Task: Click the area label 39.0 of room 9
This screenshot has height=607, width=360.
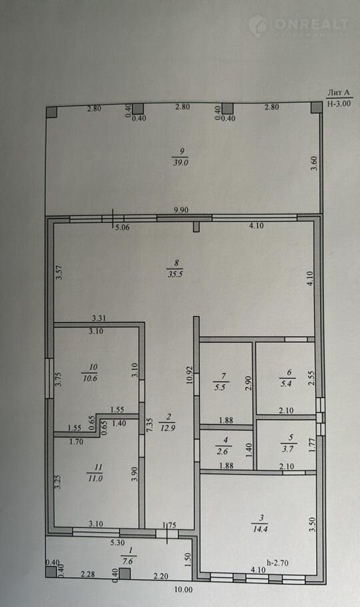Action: (181, 163)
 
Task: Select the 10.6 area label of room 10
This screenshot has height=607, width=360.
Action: (89, 378)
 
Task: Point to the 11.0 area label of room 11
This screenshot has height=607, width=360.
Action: (95, 478)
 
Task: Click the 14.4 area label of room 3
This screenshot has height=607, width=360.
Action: (260, 529)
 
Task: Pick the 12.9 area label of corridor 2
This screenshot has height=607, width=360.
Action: (167, 428)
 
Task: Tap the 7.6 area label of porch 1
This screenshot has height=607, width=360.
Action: (127, 561)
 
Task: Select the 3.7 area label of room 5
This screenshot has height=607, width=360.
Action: (290, 449)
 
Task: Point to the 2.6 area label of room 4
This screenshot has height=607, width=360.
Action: (223, 451)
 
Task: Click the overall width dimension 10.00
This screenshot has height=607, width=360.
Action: (183, 590)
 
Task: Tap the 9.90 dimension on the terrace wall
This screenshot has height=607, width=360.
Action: (181, 210)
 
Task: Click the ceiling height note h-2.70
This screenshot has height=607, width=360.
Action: (277, 563)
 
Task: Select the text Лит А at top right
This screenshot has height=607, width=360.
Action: (338, 93)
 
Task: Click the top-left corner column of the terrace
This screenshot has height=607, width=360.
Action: (51, 112)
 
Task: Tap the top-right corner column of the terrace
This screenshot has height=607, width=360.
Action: (317, 107)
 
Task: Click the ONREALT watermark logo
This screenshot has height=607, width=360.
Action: (299, 26)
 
